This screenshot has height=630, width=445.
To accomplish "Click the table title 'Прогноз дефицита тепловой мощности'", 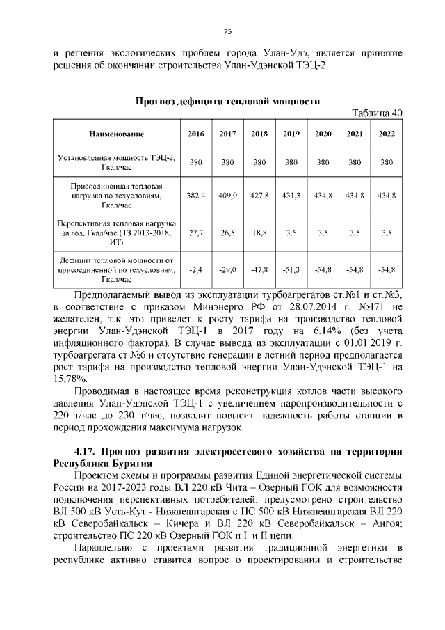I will pos(227,101).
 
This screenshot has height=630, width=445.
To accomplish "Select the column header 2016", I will pos(196,133).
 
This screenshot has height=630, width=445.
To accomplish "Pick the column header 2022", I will pos(386,133).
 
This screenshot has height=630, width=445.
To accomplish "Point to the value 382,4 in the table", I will pos(196,197).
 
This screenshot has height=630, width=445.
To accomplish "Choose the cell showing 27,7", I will pos(196,233).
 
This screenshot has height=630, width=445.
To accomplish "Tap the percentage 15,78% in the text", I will pos(70,379).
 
